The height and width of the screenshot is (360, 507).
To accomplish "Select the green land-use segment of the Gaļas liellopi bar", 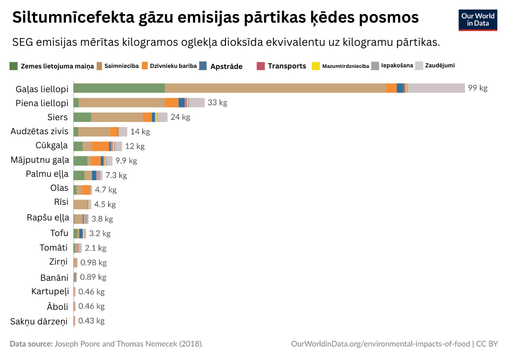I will (119, 88).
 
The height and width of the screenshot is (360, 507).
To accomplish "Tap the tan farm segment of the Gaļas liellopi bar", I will (275, 88).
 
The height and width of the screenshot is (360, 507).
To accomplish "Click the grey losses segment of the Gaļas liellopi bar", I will (436, 88).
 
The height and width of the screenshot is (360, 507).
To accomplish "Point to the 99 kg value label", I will (477, 88).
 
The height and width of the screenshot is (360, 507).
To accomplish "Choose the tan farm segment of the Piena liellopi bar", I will (121, 102).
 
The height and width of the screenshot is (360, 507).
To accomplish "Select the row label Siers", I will (57, 117).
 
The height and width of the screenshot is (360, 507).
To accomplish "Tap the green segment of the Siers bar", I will (82, 117).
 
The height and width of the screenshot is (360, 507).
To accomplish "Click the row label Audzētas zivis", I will (39, 131).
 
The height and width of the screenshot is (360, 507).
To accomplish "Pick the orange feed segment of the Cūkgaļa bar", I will (100, 146).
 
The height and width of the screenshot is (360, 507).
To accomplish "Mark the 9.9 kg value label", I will (126, 161).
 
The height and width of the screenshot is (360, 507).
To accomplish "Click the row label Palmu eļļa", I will (47, 174).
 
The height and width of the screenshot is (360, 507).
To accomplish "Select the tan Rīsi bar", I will (80, 204).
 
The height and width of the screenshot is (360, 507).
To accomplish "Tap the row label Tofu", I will (59, 233).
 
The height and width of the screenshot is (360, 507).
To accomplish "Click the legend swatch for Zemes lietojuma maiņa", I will (14, 66).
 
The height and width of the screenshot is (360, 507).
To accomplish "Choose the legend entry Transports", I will (286, 66).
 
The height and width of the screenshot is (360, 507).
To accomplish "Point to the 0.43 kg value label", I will (91, 321).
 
